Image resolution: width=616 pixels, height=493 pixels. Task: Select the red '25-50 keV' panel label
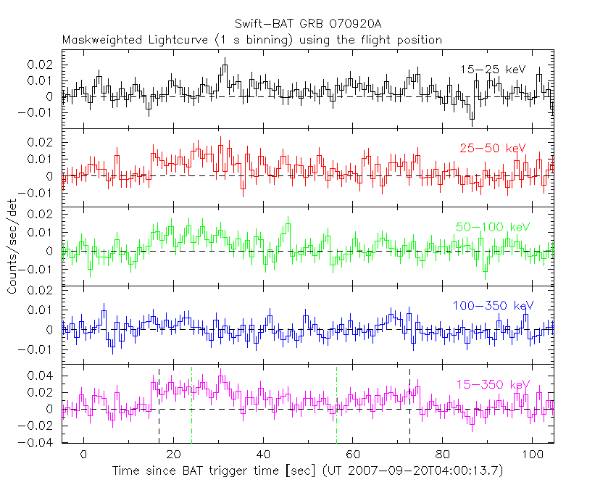click(492, 148)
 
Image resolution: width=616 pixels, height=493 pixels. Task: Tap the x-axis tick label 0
click(84, 455)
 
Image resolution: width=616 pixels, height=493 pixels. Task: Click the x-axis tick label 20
click(173, 455)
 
